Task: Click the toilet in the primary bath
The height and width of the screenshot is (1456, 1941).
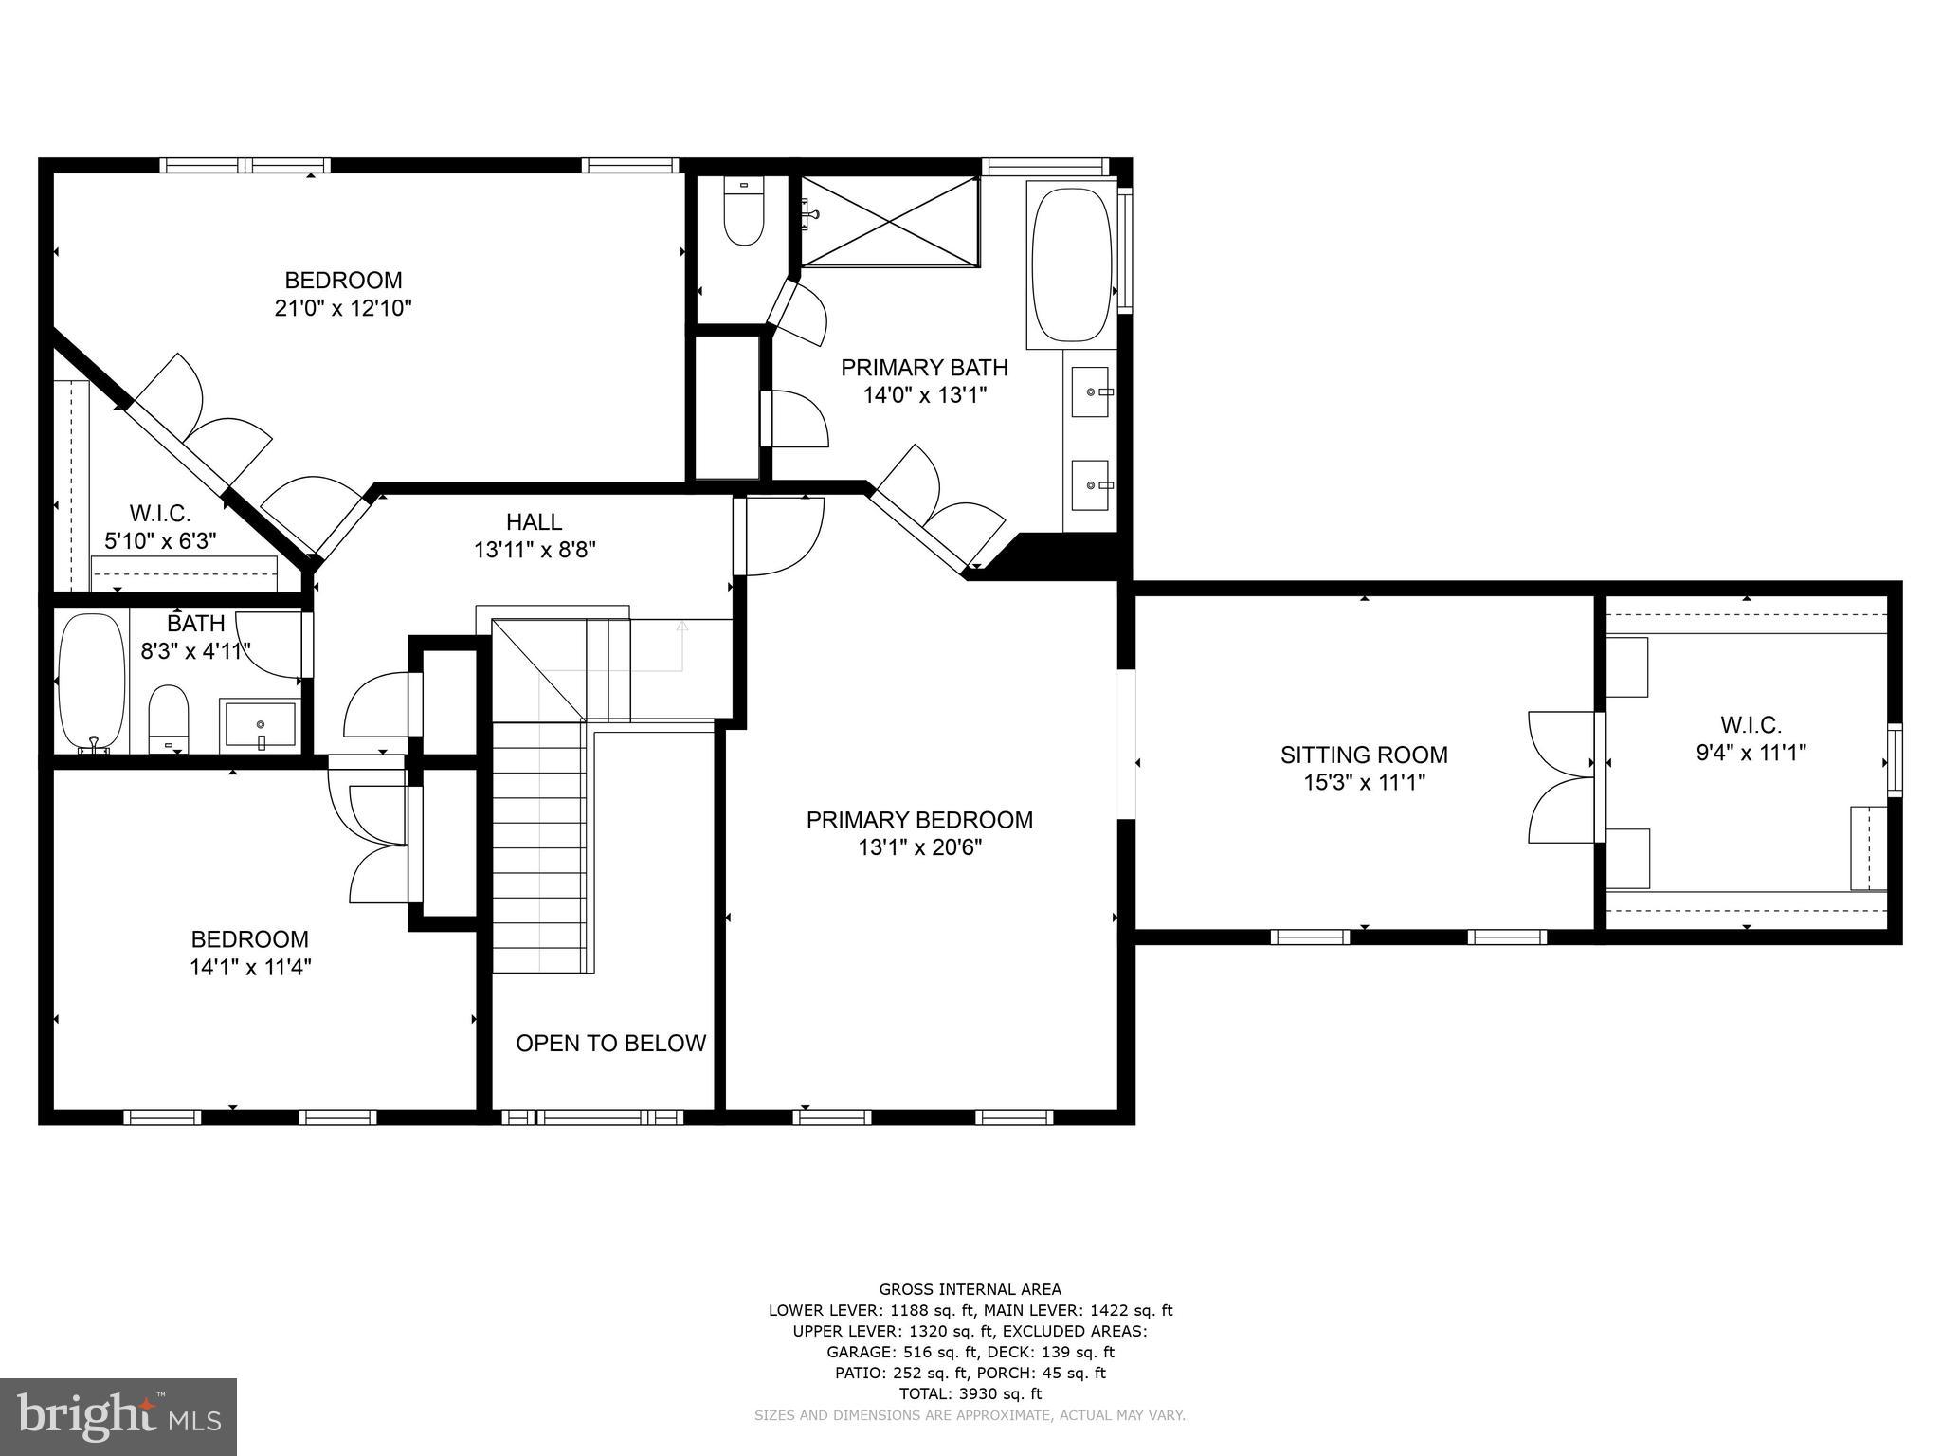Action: pyautogui.click(x=744, y=213)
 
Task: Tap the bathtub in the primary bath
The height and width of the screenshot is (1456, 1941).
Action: pyautogui.click(x=1071, y=265)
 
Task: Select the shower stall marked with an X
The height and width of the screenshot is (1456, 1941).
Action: pyautogui.click(x=889, y=221)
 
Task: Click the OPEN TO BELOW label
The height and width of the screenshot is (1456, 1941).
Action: pyautogui.click(x=610, y=1044)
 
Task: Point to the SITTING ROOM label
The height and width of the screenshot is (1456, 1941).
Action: pyautogui.click(x=1364, y=755)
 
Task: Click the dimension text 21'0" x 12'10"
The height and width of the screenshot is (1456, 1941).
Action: pyautogui.click(x=343, y=309)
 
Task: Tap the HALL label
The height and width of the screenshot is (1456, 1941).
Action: pyautogui.click(x=534, y=522)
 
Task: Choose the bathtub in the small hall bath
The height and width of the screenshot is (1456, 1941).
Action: pyautogui.click(x=92, y=681)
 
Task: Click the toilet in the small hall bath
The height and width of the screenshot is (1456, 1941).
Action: pyautogui.click(x=169, y=718)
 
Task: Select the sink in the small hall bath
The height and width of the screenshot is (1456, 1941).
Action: pyautogui.click(x=260, y=725)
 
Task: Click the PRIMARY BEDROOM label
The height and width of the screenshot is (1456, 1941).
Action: pyautogui.click(x=919, y=820)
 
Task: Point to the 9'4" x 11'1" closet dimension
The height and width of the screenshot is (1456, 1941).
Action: pyautogui.click(x=1751, y=754)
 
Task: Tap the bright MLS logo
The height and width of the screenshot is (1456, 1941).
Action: pyautogui.click(x=118, y=1416)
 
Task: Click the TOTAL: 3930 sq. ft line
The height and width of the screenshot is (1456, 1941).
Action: pyautogui.click(x=970, y=1393)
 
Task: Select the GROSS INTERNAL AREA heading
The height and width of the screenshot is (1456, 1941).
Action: pyautogui.click(x=970, y=1289)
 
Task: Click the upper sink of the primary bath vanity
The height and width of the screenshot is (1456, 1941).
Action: pyautogui.click(x=1090, y=391)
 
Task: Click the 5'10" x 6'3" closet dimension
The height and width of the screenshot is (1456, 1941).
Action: pyautogui.click(x=160, y=541)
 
